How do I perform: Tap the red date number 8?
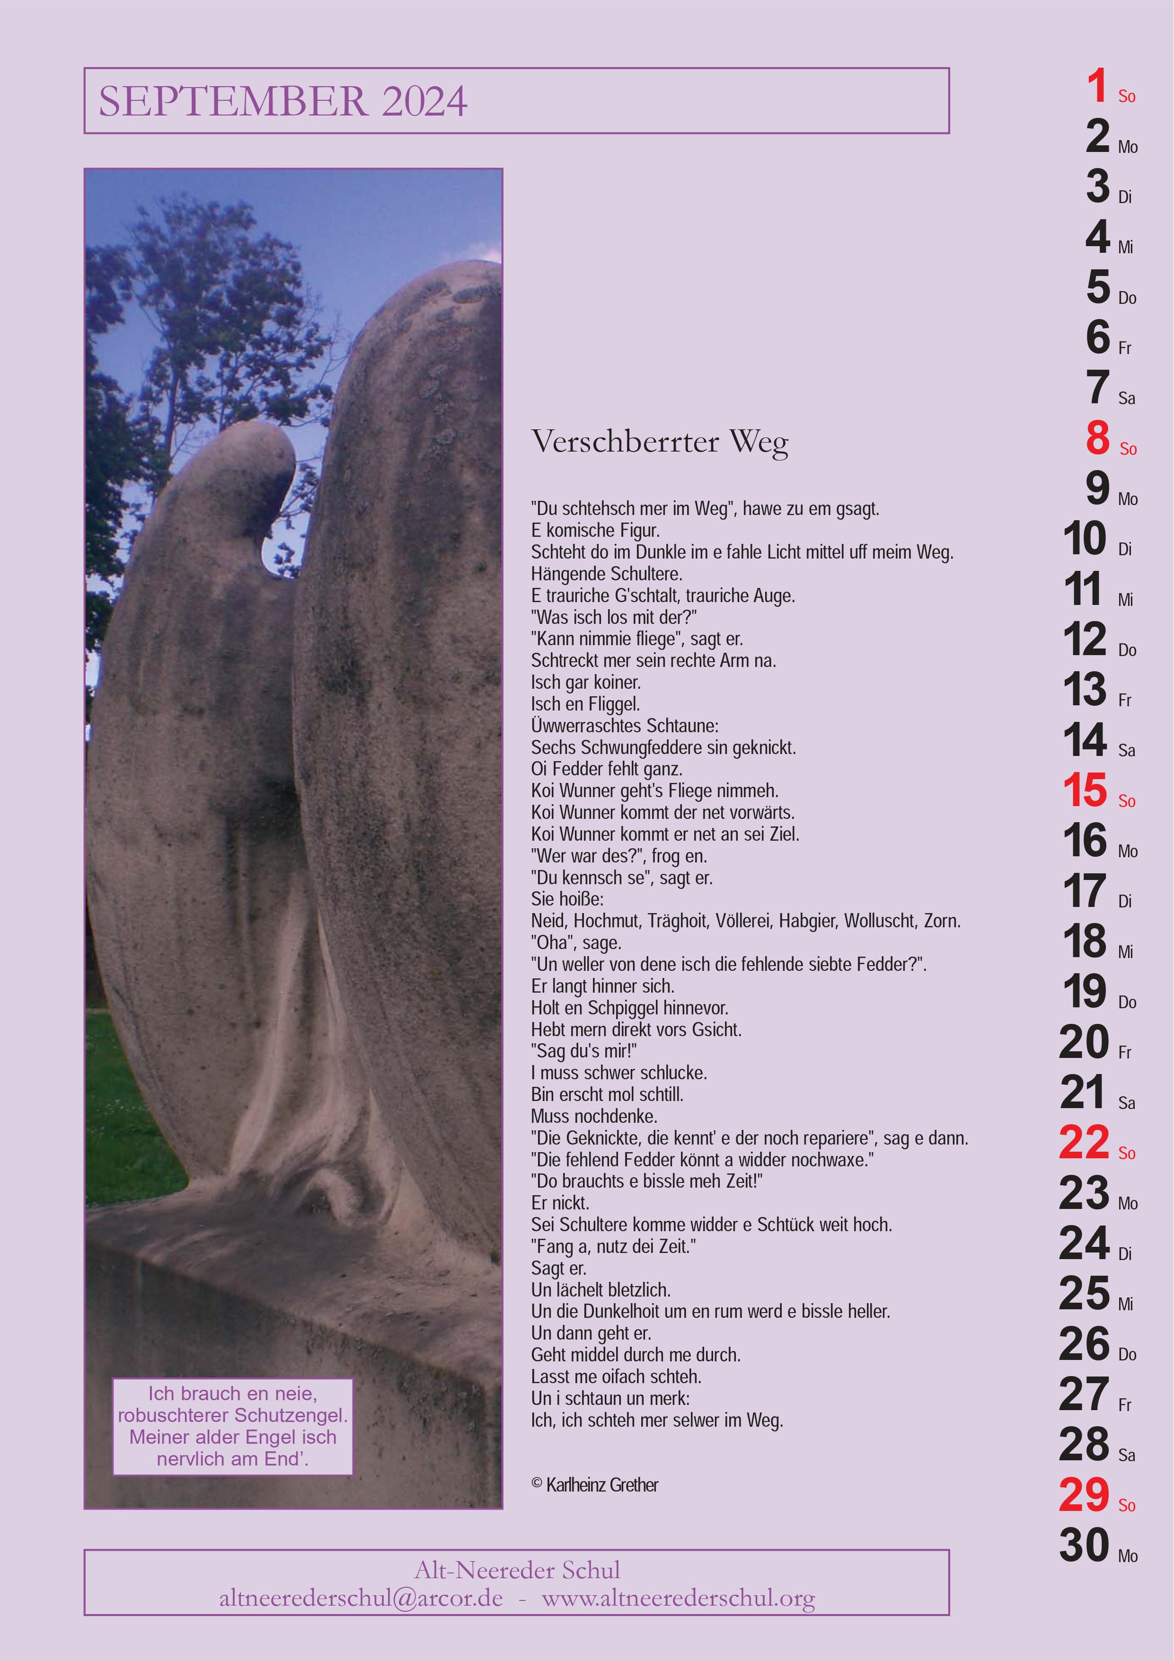(1097, 438)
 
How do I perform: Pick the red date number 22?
(1084, 1143)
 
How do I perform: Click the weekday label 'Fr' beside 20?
(1124, 1053)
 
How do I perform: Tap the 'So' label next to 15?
(1126, 801)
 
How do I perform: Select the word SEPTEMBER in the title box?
(232, 101)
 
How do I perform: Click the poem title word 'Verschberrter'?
(625, 441)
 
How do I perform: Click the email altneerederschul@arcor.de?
(361, 1598)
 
